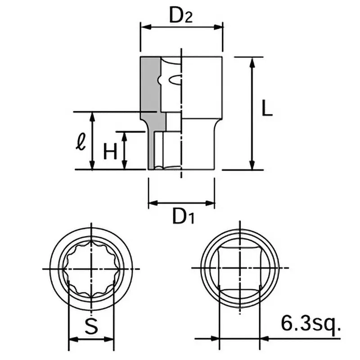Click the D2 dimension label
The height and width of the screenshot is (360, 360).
[181, 16]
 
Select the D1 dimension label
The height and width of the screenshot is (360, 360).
[184, 217]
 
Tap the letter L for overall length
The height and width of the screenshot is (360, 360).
[267, 109]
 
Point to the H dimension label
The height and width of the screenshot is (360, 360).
[110, 151]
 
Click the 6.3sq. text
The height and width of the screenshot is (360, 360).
[309, 322]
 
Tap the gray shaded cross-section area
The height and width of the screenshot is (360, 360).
[148, 90]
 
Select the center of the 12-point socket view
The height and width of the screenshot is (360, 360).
[91, 269]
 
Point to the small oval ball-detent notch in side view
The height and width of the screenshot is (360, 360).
[175, 81]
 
